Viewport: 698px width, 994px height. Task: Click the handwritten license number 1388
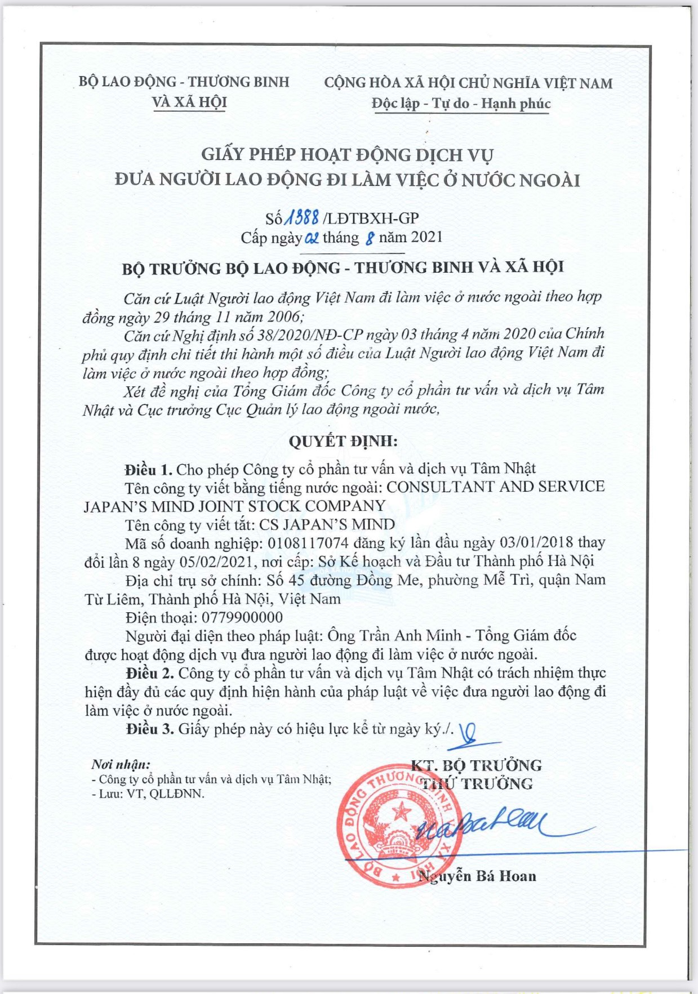[303, 218]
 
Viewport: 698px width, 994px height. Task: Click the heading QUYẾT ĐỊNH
[343, 441]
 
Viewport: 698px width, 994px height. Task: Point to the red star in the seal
[402, 812]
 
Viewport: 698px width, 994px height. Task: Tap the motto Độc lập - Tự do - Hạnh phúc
[460, 104]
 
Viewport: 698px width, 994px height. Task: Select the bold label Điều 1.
[149, 469]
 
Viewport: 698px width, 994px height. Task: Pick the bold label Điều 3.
[150, 729]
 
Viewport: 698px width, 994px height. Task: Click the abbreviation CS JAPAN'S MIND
[327, 525]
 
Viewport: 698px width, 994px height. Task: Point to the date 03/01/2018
[536, 543]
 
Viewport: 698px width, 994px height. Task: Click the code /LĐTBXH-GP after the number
[371, 219]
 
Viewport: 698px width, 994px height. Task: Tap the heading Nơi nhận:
[121, 764]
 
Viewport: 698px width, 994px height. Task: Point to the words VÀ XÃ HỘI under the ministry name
[189, 102]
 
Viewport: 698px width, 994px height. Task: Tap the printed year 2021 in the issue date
[426, 237]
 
